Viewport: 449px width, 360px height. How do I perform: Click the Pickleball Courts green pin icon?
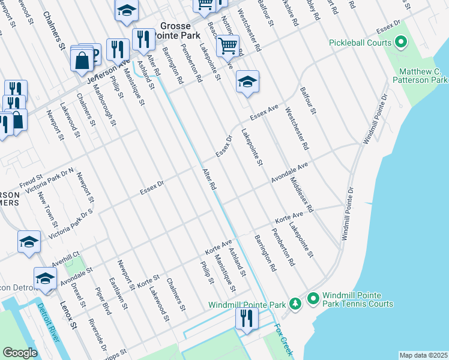pos(401,43)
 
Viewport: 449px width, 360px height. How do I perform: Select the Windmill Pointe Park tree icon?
pos(295,304)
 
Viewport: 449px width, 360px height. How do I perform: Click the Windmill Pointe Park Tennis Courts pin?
pos(312,298)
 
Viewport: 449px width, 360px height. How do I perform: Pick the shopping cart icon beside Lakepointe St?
pos(228,46)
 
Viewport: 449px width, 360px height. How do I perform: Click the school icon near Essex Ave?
pos(246,82)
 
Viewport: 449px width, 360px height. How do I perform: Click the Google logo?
pos(20,352)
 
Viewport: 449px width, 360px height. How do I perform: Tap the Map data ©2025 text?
pos(423,355)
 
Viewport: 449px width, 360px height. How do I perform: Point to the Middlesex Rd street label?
pos(301,195)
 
